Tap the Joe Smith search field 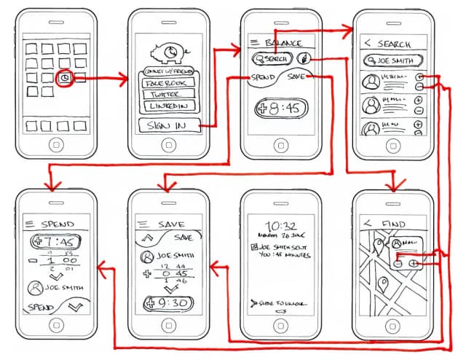pyautogui.click(x=390, y=60)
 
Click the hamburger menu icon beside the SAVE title pyautogui.click(x=143, y=223)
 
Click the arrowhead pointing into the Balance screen pyautogui.click(x=236, y=49)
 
